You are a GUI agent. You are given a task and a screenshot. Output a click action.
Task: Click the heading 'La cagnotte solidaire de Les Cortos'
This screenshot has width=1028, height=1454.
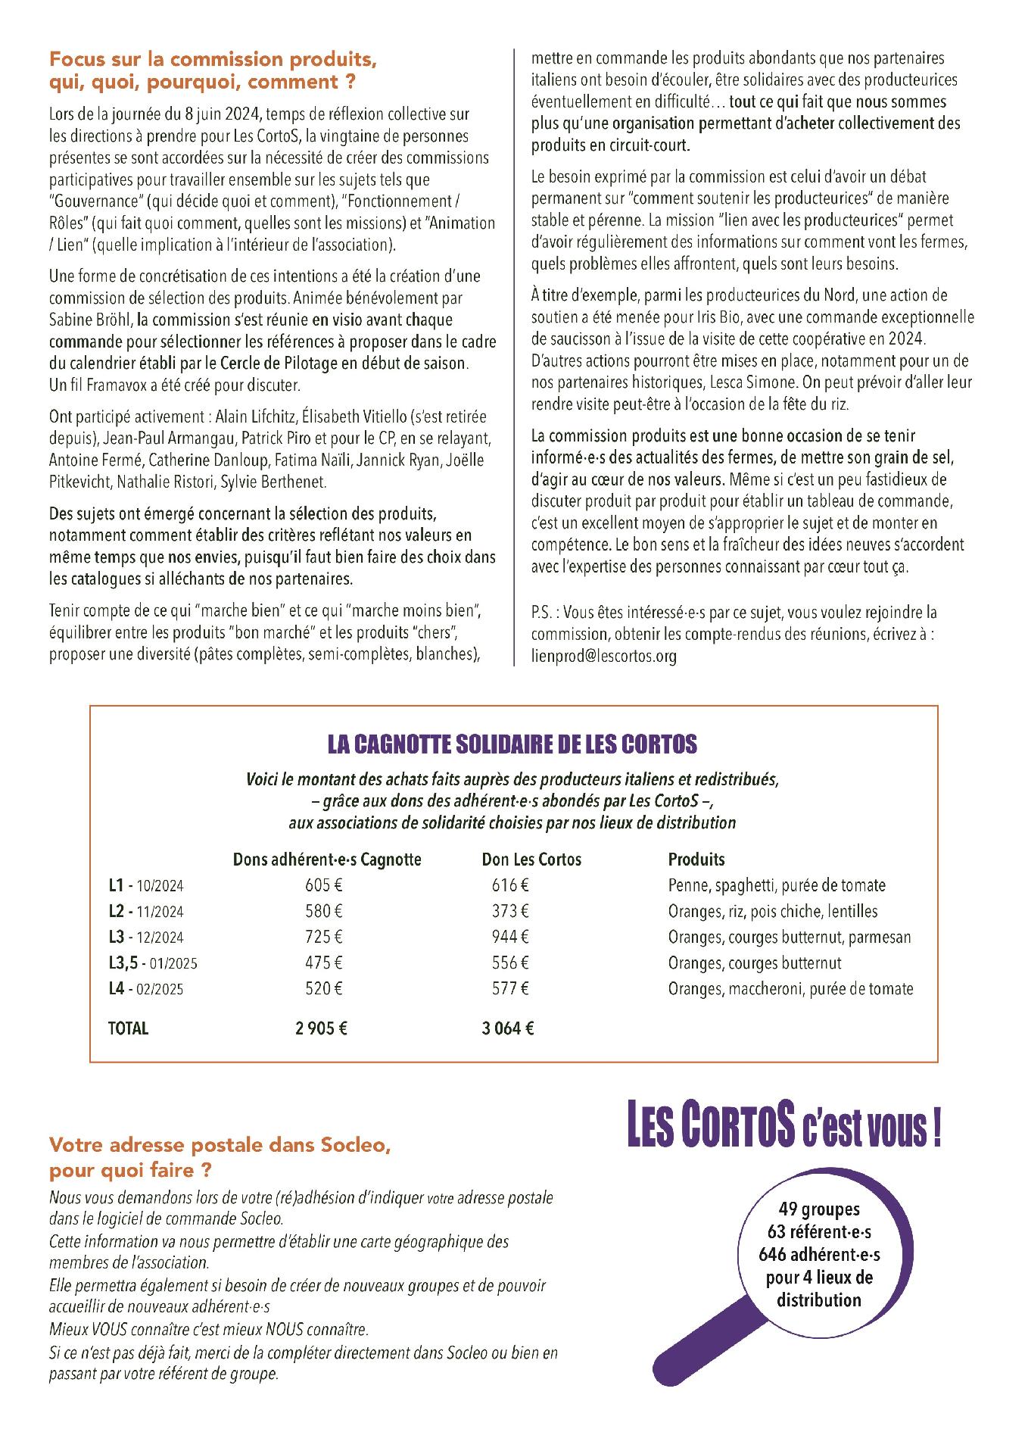pyautogui.click(x=512, y=744)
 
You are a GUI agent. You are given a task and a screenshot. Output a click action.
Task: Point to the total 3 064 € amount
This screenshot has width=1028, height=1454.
pyautogui.click(x=508, y=1028)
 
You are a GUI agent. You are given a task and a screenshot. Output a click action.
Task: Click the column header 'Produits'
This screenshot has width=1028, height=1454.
pyautogui.click(x=696, y=859)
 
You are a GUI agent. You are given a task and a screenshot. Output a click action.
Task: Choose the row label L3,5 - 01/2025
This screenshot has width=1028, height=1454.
pyautogui.click(x=154, y=963)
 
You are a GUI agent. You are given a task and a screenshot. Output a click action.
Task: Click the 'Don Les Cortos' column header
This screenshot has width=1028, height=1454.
pyautogui.click(x=531, y=859)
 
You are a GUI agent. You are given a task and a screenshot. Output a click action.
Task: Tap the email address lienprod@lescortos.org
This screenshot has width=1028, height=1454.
pyautogui.click(x=603, y=656)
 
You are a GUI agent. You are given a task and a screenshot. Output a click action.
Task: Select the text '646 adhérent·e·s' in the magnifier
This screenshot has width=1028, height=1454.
pyautogui.click(x=819, y=1255)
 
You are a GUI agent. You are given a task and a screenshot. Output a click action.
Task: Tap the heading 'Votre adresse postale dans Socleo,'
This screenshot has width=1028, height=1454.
pyautogui.click(x=220, y=1146)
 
